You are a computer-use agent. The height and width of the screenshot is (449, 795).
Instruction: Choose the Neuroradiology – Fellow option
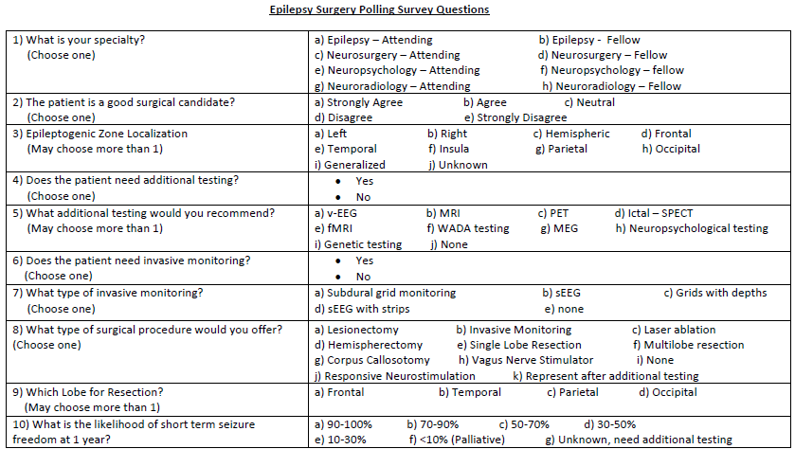pyautogui.click(x=611, y=86)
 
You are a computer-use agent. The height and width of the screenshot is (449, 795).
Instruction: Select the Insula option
pyautogui.click(x=447, y=149)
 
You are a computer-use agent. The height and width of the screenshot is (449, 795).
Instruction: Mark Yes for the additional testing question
pyautogui.click(x=364, y=181)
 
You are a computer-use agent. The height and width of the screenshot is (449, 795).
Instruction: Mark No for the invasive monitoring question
pyautogui.click(x=362, y=277)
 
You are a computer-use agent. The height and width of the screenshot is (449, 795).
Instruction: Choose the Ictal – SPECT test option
pyautogui.click(x=653, y=213)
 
